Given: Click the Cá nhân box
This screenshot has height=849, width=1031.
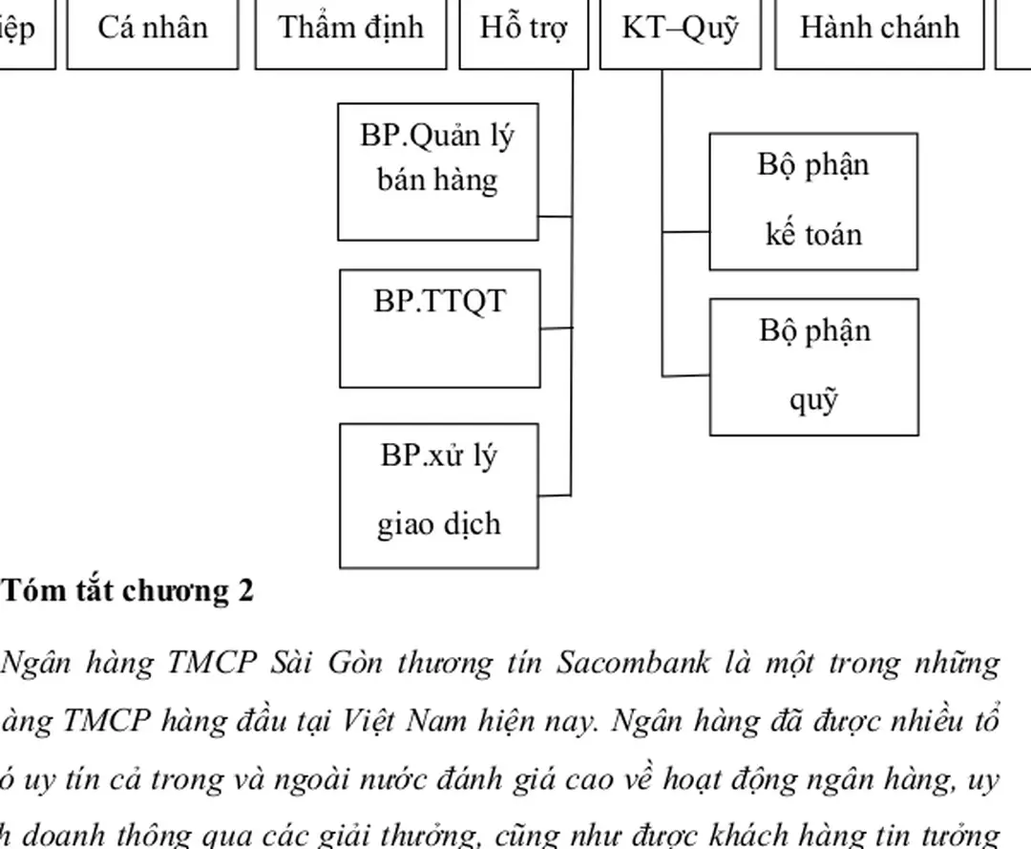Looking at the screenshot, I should point(152,29).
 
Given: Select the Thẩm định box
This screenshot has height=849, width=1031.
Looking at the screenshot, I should point(350,29).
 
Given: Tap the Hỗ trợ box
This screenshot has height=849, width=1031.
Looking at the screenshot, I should point(523,29).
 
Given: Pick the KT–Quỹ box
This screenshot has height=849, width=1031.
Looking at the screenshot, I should point(680,29).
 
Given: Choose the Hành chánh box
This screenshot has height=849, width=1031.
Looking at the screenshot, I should point(878,29).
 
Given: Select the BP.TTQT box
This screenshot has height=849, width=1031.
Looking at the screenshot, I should point(439,329).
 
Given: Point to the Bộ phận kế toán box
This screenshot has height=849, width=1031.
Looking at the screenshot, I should point(813,202).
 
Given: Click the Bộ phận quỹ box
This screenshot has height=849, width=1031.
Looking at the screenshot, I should point(813,367).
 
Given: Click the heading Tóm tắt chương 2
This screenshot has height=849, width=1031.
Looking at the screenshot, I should point(128,592).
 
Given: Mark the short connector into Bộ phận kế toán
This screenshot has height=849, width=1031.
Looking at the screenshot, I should point(686,231).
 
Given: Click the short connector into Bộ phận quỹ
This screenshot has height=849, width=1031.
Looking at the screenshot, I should point(686,375).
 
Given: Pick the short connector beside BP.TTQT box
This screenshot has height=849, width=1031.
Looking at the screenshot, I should point(556,328).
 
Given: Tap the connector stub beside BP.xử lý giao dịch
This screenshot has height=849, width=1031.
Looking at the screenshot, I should point(555,495).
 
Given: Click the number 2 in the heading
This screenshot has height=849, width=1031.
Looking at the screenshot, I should point(246,592).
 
